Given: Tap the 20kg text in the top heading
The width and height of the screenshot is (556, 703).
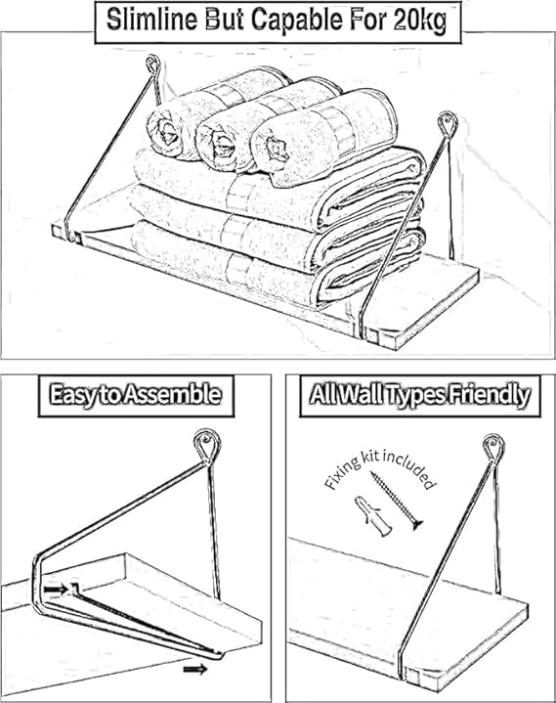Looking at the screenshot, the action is click(x=421, y=22).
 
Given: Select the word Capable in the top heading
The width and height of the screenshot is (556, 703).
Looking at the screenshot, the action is click(x=298, y=22).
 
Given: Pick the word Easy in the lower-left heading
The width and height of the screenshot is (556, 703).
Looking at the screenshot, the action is click(x=72, y=395).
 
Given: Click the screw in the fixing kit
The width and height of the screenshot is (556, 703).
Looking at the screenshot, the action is click(x=397, y=501).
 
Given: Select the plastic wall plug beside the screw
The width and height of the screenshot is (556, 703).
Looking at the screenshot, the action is click(x=372, y=516).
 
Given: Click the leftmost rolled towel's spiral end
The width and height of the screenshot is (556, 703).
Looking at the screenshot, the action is click(x=167, y=130).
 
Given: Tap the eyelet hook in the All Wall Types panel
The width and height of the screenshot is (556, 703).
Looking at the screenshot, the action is click(x=493, y=450).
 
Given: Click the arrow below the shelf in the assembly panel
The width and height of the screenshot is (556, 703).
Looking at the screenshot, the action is click(x=195, y=670).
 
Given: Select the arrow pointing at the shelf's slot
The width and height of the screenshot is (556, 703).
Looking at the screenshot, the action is click(x=56, y=590).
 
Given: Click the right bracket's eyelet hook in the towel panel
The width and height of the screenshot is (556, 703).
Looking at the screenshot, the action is click(x=448, y=125).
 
